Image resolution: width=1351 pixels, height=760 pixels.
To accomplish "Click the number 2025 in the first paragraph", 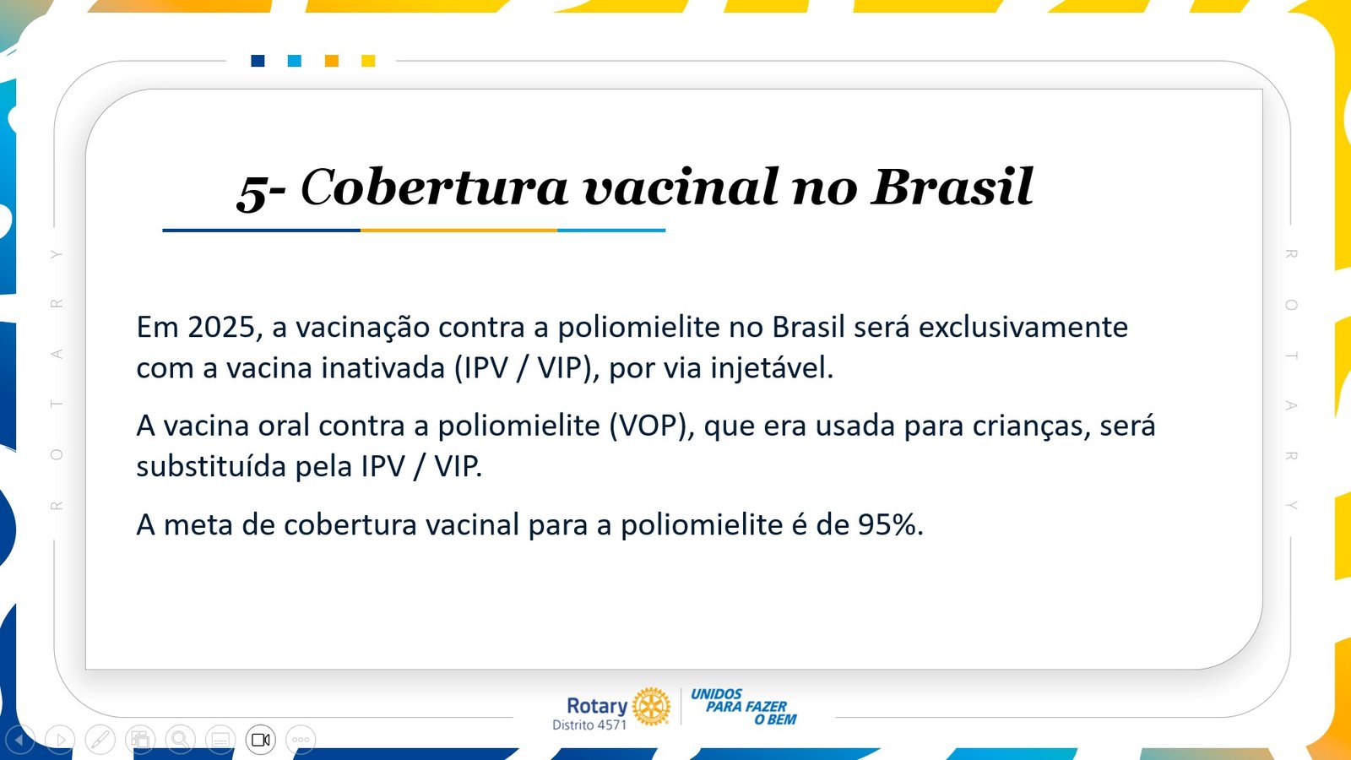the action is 221,328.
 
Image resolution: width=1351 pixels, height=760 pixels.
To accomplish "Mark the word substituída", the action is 211,466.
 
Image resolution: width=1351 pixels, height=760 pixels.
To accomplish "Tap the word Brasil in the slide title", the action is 952,187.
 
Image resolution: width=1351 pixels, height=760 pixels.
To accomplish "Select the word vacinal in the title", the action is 681,187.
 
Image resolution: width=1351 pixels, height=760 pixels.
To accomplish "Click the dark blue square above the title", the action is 258,61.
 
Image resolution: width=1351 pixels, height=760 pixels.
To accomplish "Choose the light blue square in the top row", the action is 295,61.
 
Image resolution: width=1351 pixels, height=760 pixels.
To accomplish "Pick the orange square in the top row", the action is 331,61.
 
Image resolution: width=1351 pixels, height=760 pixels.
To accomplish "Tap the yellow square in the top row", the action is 368,61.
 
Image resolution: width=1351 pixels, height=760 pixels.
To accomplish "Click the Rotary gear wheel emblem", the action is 651,706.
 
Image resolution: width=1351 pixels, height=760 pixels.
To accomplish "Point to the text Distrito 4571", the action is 589,725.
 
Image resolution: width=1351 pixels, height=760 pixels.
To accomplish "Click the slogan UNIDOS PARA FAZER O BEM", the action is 744,706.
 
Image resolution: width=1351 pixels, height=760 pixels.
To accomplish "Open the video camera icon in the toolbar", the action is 261,740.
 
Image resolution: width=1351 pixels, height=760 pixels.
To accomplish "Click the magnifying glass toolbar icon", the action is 180,740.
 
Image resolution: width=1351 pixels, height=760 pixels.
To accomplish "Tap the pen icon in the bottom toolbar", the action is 100,740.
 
